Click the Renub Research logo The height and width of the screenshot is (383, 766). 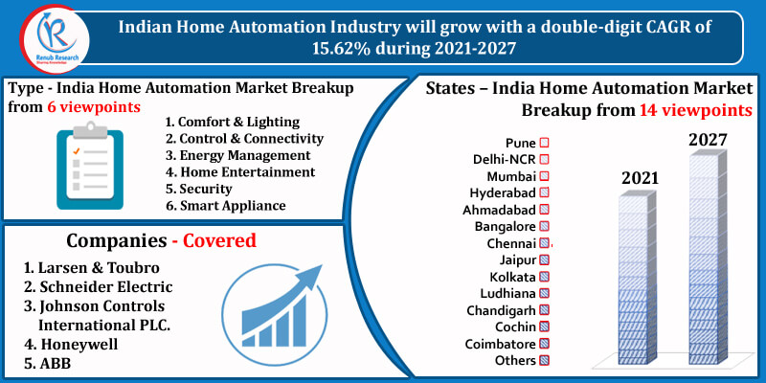coord(55,39)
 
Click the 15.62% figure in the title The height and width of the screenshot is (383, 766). coord(343,48)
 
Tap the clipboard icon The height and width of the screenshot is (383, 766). coord(90,166)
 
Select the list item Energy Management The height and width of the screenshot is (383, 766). coord(237,155)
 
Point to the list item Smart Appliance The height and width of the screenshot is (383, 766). coord(226,206)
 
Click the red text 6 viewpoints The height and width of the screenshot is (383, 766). coord(94,107)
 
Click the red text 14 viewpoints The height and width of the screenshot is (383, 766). coord(696,110)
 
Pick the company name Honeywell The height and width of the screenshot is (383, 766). coord(72,344)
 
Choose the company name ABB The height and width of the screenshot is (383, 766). coord(48,364)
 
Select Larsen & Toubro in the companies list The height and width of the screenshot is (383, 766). coord(92,268)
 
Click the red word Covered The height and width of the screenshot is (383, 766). coord(219,240)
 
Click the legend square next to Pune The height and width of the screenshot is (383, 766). coord(544,143)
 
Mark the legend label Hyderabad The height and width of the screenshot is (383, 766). coord(503,193)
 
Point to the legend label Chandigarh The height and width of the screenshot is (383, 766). coord(501,310)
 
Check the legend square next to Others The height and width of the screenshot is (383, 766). coord(544,361)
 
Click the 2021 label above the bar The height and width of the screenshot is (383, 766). coord(640,179)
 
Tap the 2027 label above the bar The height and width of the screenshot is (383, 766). coord(709,140)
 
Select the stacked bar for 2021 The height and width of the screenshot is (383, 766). coord(636,278)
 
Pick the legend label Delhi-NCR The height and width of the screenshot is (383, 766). coord(505,160)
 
